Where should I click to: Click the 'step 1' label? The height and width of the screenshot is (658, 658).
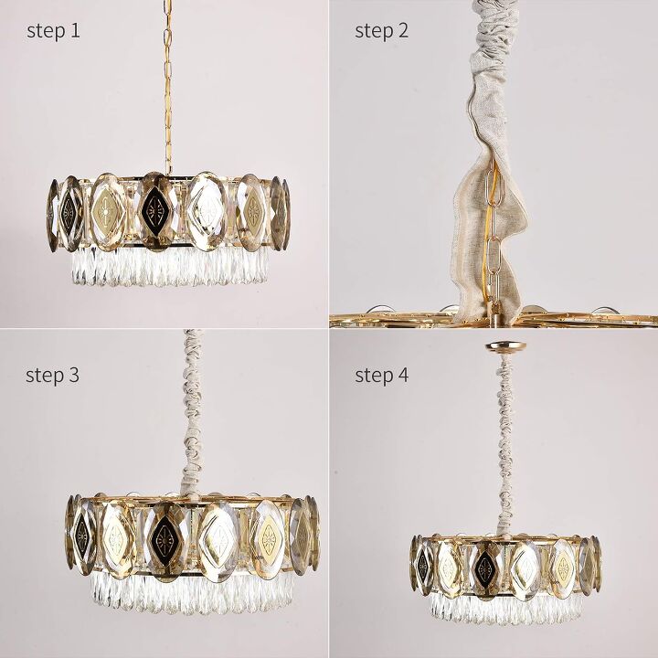point(53,31)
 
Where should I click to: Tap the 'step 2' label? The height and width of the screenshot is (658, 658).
point(382,31)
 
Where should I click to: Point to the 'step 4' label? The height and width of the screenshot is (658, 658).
point(382,375)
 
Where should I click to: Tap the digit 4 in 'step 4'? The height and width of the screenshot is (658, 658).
point(404,375)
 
